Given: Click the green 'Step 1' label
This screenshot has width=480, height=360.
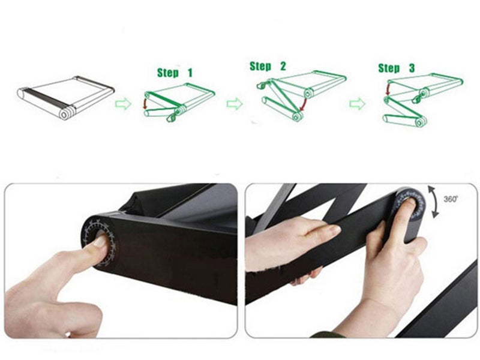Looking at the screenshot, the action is (175, 73).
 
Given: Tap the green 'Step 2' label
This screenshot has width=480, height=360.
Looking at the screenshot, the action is (268, 66).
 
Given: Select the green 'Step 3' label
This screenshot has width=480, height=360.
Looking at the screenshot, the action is (397, 68).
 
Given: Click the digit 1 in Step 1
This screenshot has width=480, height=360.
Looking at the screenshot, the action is (190, 73).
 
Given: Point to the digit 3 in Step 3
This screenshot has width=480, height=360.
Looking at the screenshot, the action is (412, 68).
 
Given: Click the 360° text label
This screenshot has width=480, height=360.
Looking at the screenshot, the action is (451, 199).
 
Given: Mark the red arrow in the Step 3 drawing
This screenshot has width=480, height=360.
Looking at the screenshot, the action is (388, 89).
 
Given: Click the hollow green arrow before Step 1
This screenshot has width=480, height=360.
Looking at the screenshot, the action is (124, 104).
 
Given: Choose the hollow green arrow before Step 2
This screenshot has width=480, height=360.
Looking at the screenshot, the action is (235, 104).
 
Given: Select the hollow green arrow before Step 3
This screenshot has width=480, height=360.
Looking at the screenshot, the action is (357, 104).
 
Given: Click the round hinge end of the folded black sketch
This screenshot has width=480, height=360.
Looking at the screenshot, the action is (65, 115).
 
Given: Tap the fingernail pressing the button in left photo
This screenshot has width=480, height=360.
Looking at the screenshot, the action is (100, 241).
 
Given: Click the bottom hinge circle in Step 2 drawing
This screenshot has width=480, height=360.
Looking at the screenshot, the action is (296, 116).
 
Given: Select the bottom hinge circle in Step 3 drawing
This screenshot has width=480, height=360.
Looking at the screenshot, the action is (421, 122).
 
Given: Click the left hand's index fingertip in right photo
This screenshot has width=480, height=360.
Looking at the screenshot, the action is (335, 229).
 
